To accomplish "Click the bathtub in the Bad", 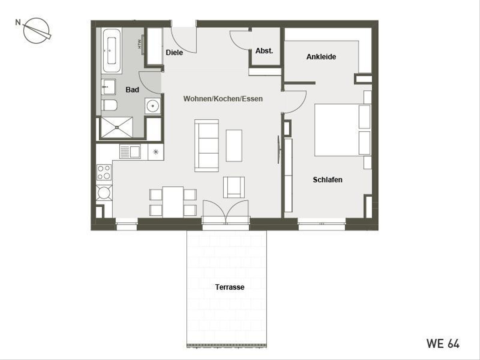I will click(112, 50).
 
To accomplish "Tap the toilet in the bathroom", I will click(109, 105).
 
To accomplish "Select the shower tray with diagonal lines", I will click(117, 127).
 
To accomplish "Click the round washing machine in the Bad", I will click(152, 106).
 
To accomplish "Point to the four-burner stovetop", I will click(104, 172).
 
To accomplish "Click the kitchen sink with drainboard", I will click(130, 152).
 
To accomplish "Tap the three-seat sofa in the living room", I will click(206, 145).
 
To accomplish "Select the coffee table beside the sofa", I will click(234, 145).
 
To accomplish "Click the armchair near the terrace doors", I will click(234, 187).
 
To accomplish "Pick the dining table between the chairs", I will click(173, 202).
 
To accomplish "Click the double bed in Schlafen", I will click(342, 130).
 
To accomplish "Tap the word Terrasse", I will click(230, 287).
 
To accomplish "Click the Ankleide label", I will click(321, 57).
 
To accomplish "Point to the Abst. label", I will click(264, 51).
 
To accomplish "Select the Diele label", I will click(174, 52).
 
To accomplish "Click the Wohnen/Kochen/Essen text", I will click(223, 98).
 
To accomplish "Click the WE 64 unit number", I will click(443, 343).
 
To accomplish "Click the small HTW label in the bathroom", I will click(140, 43).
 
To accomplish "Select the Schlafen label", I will click(327, 180).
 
